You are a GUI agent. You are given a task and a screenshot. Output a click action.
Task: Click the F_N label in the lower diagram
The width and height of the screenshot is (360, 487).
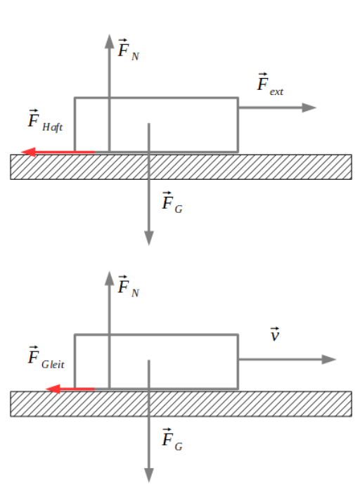tap(127, 286)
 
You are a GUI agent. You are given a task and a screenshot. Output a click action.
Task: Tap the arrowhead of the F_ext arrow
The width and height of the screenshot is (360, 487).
tap(310, 108)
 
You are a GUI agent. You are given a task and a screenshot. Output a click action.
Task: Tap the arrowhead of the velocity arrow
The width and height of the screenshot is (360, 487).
tap(330, 359)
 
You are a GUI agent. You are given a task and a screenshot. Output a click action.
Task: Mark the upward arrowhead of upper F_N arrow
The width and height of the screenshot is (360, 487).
tap(109, 40)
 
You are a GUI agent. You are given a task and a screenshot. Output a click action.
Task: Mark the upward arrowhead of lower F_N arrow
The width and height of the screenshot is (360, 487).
tap(109, 276)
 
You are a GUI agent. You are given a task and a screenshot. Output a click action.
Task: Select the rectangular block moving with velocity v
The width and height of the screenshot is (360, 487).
tap(190, 361)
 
